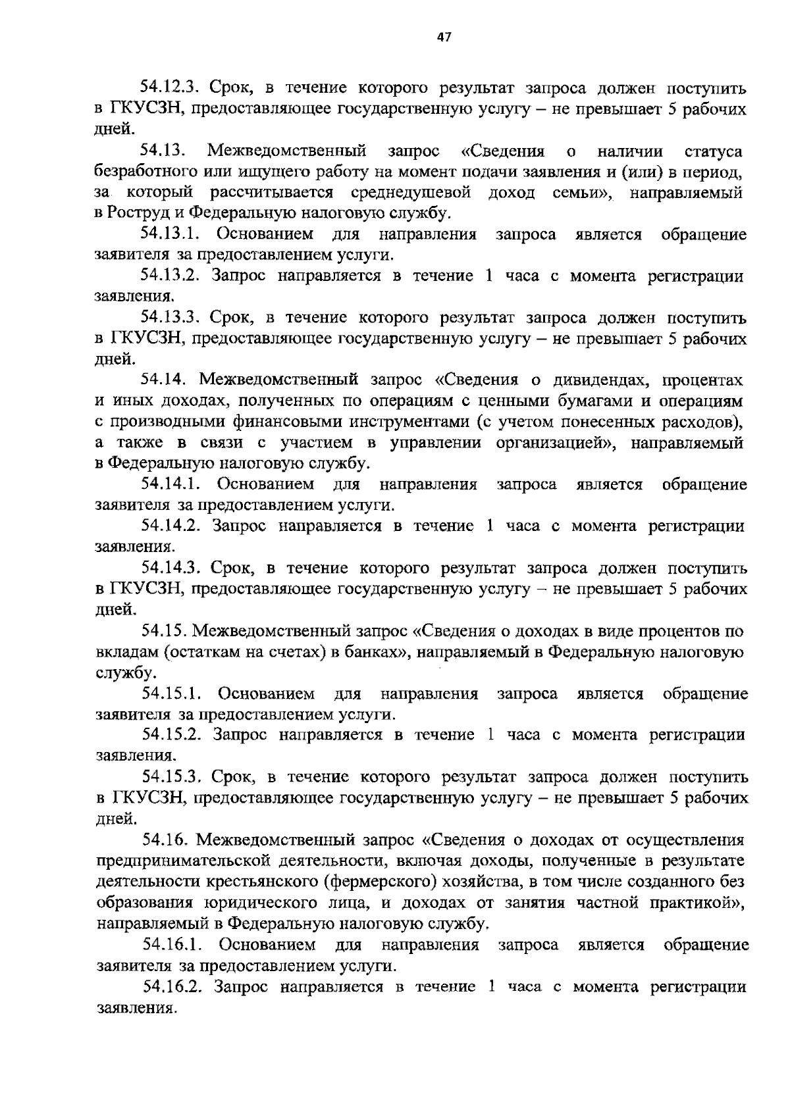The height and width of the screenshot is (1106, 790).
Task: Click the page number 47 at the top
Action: coord(444,38)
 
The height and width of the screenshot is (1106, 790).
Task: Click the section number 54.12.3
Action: coord(170,88)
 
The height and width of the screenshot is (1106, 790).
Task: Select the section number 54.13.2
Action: coord(170,276)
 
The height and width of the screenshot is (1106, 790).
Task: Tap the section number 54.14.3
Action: coord(170,567)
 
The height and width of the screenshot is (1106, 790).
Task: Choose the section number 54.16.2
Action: coord(172,986)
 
